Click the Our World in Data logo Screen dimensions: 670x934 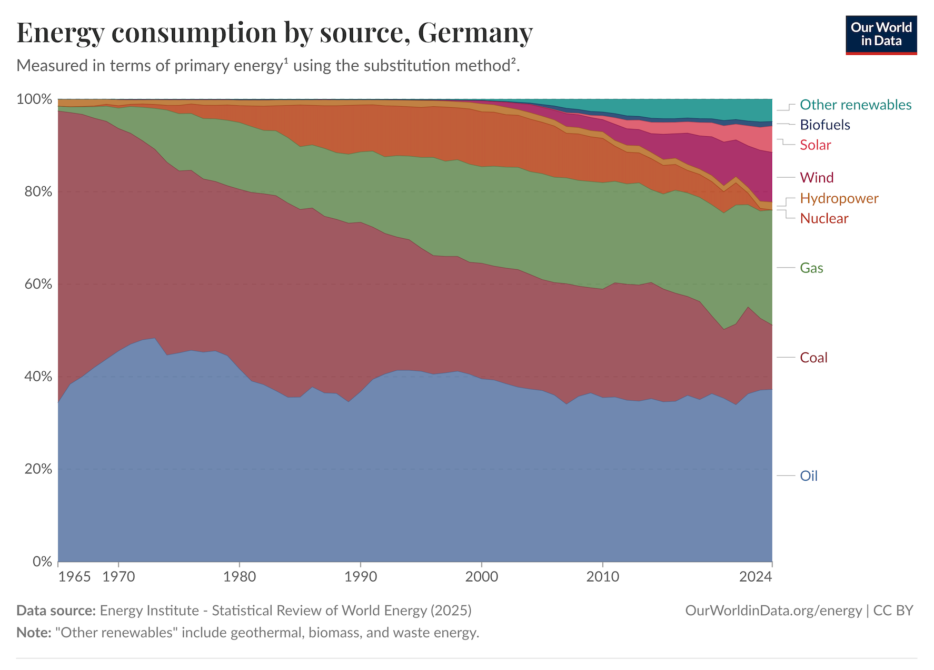(x=881, y=35)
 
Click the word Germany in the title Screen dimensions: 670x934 (x=475, y=33)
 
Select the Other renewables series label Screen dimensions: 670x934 (x=855, y=105)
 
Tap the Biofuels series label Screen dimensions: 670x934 (x=824, y=125)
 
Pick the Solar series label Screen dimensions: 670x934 (x=815, y=145)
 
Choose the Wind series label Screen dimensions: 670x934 (x=817, y=177)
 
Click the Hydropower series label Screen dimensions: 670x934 (x=839, y=198)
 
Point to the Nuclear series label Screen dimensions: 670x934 (x=824, y=218)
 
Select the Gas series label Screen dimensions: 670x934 (x=811, y=268)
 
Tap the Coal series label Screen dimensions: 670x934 (x=813, y=358)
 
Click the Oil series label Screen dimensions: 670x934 (x=809, y=476)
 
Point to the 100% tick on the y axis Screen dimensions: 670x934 (x=34, y=99)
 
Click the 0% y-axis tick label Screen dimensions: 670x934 (x=42, y=561)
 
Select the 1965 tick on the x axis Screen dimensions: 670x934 (x=74, y=577)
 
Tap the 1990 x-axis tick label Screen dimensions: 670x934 (x=361, y=577)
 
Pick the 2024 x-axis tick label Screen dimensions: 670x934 (x=756, y=577)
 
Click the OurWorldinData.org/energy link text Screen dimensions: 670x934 (x=773, y=611)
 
